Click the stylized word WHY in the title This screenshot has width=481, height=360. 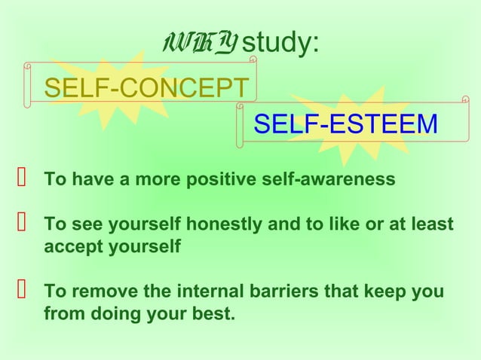[x=198, y=44]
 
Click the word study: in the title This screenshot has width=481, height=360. [x=280, y=44]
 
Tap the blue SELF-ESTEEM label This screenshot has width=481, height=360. [x=345, y=124]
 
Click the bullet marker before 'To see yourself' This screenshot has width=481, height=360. [x=21, y=224]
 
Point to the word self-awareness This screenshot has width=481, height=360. [x=333, y=181]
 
